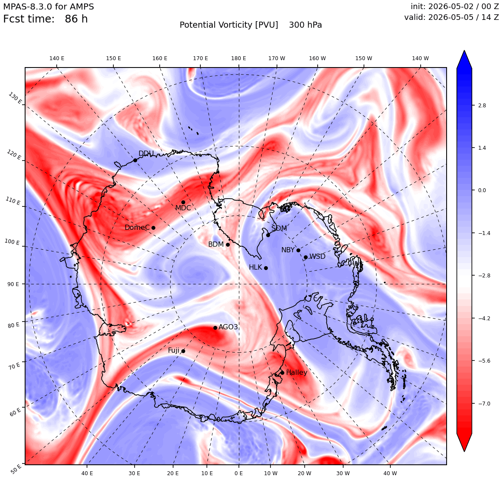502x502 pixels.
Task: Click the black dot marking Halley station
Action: pos(282,373)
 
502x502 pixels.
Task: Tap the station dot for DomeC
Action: pos(153,228)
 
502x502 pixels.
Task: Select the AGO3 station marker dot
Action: pos(216,328)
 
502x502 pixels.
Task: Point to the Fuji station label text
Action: pos(174,351)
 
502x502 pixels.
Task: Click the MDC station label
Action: pos(183,208)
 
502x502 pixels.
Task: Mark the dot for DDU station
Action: pos(135,160)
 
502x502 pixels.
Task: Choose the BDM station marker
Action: pos(228,245)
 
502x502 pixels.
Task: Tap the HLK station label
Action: pos(255,267)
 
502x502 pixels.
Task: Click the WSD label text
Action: pos(317,257)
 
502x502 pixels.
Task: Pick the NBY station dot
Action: pos(298,251)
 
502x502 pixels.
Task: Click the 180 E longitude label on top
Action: pos(238,58)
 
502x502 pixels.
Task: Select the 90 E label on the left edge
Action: pos(13,284)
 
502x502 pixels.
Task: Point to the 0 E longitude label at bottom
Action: pos(238,473)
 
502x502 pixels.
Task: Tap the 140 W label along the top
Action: pos(420,58)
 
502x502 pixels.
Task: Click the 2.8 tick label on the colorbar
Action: pos(482,105)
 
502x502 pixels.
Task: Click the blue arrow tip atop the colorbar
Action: pos(464,51)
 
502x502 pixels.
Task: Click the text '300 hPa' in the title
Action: pos(306,25)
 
